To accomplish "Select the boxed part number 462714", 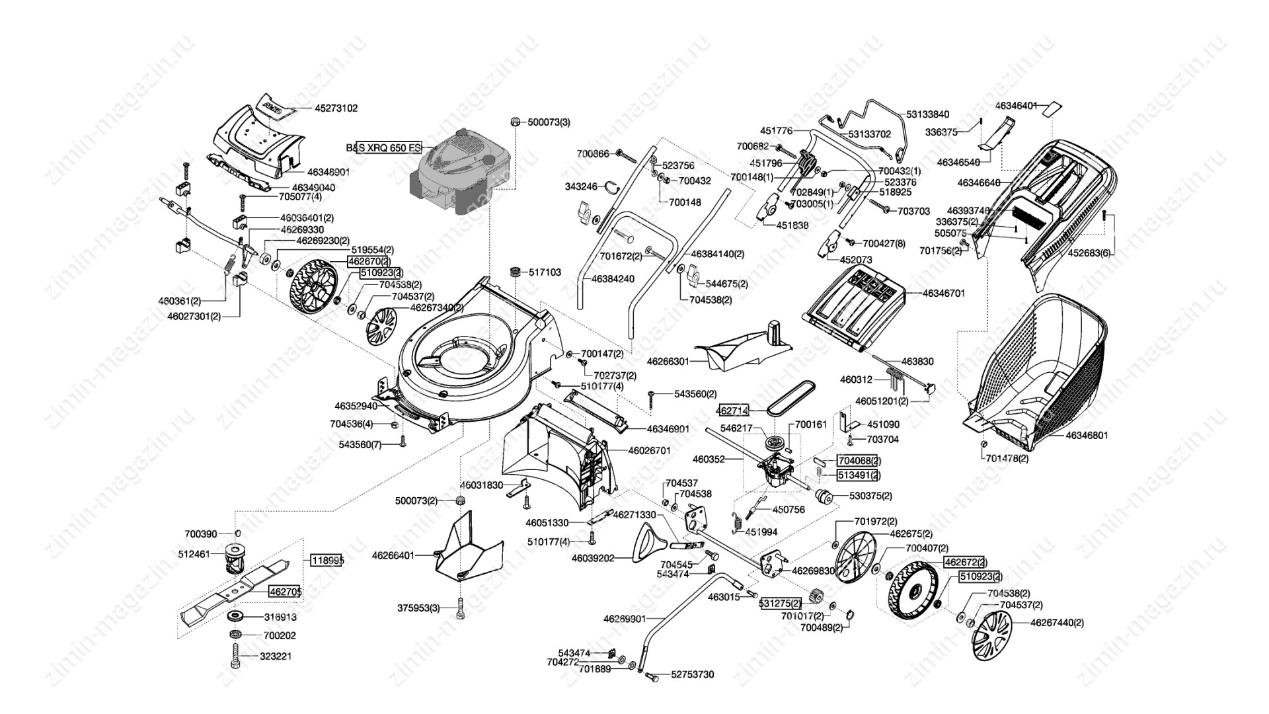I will coord(733,411).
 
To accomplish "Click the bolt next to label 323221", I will coord(235,657).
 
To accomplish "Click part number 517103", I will coord(545,272).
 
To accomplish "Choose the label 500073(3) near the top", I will coord(549,122).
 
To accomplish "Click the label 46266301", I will coord(668,362).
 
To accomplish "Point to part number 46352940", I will coord(356,406).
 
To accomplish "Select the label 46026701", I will coord(649,450).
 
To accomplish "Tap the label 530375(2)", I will coord(870,496).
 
